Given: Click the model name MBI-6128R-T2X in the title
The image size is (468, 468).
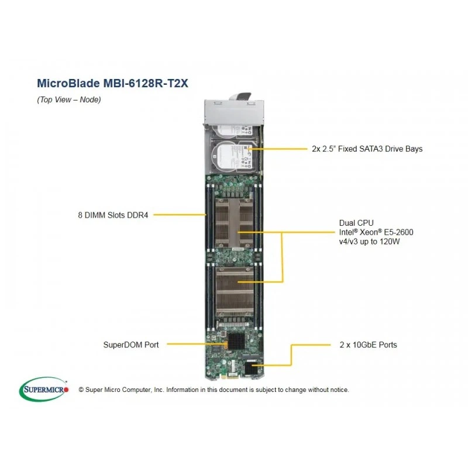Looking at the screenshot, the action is (146, 83).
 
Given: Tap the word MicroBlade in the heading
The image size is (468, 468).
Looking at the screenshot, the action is (68, 83).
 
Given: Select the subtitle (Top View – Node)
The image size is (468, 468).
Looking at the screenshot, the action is (69, 99).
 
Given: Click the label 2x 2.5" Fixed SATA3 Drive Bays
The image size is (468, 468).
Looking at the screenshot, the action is (367, 149).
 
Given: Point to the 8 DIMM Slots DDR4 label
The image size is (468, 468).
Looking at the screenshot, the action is (113, 215).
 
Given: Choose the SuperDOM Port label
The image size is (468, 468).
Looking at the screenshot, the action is (131, 345).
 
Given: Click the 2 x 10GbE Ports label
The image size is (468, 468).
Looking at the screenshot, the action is (369, 345).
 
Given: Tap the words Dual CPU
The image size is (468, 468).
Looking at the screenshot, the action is (356, 223).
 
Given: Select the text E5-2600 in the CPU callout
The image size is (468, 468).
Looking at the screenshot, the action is (399, 232).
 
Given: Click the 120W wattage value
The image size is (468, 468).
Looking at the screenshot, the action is (390, 242).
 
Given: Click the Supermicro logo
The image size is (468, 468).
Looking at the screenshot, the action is (44, 390).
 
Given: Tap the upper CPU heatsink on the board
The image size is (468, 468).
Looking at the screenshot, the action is (235, 223).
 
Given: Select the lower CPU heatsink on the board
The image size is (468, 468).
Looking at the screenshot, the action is (235, 291).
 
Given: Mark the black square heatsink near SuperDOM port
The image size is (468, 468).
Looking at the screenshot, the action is (236, 341).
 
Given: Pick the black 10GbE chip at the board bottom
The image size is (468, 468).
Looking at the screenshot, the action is (251, 368).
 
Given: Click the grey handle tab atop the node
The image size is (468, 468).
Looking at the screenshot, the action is (240, 96).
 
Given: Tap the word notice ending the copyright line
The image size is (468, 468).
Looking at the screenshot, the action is (339, 390).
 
